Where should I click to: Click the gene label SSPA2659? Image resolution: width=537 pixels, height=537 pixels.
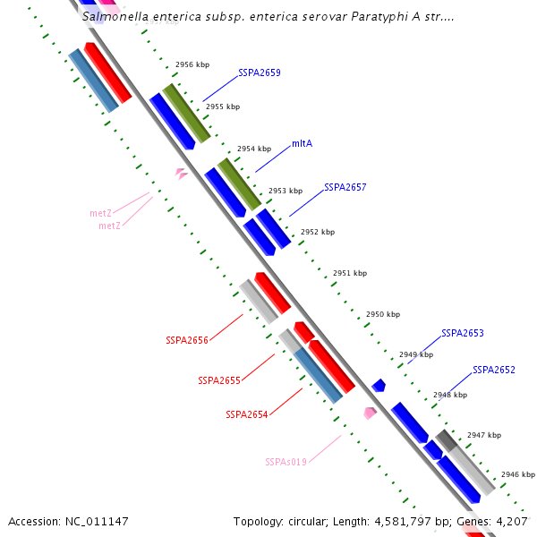pos(259,72)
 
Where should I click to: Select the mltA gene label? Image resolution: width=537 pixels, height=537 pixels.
pos(302,143)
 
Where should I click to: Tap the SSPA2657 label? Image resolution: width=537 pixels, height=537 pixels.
pos(345,187)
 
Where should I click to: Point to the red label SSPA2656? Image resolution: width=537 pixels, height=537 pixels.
pos(187,340)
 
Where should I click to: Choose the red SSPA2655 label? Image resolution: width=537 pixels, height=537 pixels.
pos(219,380)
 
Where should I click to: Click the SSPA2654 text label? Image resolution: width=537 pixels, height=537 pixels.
pos(247,414)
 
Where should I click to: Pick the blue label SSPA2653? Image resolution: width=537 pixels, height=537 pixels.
pos(462,333)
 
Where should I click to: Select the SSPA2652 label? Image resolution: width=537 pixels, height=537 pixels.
pos(493,370)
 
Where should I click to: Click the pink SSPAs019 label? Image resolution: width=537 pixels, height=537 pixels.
pos(286,462)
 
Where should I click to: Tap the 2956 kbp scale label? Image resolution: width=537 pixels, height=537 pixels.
pos(192,65)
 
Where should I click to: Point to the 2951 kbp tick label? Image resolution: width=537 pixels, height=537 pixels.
pos(349,273)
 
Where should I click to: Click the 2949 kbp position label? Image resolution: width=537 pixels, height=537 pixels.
pos(415,354)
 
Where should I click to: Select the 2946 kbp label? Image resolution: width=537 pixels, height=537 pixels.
pos(517,474)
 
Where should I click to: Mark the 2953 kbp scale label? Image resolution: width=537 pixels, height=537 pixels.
pos(286,191)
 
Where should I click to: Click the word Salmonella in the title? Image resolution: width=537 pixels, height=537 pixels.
pos(113,16)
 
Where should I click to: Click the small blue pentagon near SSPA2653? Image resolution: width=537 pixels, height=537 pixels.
pos(379,386)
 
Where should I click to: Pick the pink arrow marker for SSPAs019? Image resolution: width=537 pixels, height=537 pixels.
pos(370,413)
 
